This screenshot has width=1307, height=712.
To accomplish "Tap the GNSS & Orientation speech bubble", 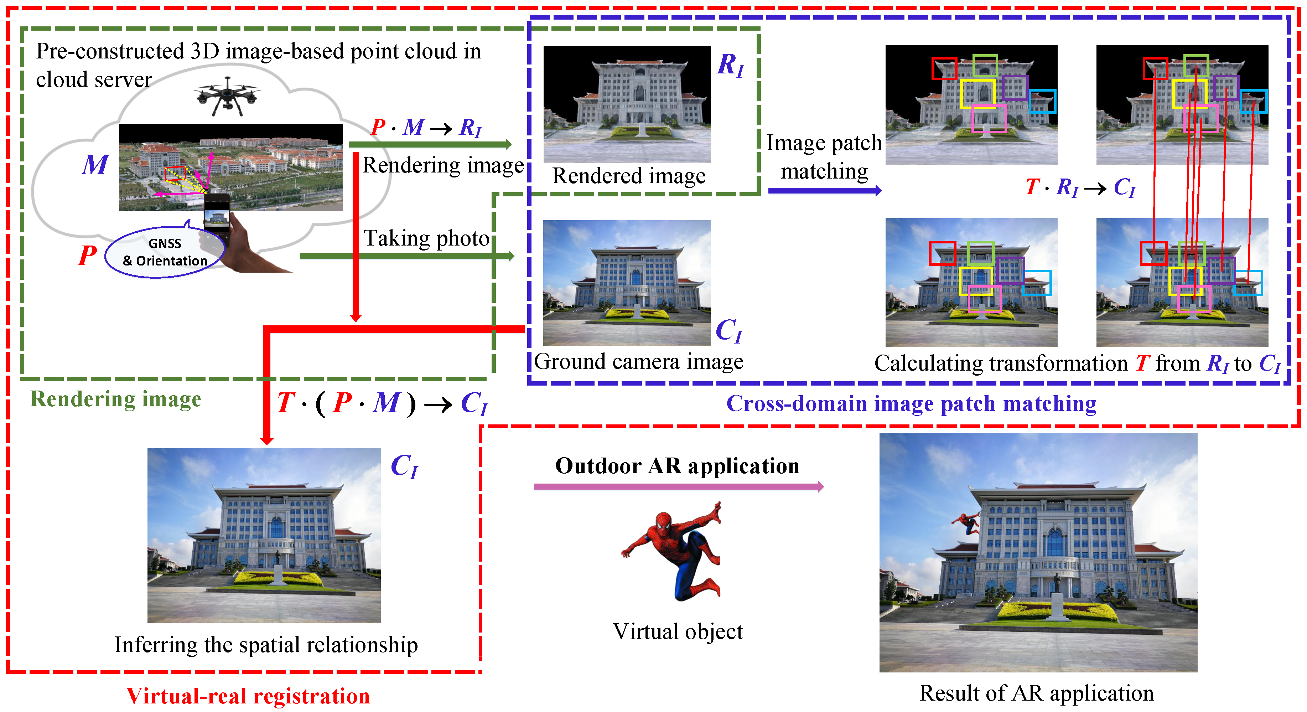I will pyautogui.click(x=164, y=252).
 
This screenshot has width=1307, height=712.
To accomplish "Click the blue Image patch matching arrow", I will pyautogui.click(x=824, y=191).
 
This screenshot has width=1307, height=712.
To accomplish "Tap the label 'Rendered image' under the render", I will pyautogui.click(x=629, y=176).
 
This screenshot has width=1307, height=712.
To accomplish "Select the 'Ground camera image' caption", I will pyautogui.click(x=638, y=362).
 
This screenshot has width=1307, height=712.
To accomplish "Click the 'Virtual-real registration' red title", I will pyautogui.click(x=248, y=696).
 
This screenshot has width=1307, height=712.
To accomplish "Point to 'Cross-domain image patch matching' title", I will pyautogui.click(x=911, y=403).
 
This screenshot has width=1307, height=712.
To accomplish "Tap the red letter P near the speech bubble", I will pyautogui.click(x=87, y=255).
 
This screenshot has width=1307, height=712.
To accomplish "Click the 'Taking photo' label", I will pyautogui.click(x=426, y=238).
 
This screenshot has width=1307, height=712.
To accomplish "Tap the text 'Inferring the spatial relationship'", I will pyautogui.click(x=266, y=645).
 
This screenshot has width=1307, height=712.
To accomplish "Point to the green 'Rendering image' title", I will pyautogui.click(x=116, y=399).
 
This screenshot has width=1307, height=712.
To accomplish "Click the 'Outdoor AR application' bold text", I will pyautogui.click(x=677, y=466).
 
